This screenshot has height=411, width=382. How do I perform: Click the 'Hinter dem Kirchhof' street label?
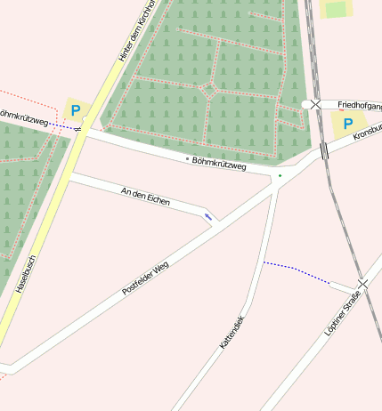point(136,32)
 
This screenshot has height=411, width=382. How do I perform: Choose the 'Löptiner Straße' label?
point(345,311)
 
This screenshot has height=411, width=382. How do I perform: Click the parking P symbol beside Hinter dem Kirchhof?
point(76,111)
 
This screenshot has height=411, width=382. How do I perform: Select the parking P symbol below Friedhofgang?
point(347,125)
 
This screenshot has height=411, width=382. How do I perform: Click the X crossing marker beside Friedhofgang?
point(315,105)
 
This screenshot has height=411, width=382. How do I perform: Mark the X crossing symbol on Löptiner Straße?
point(362,283)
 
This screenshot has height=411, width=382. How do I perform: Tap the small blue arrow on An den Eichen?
point(208,216)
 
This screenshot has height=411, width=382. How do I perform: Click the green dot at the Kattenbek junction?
point(280,176)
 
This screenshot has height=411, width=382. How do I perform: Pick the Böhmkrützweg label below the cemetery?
point(218,163)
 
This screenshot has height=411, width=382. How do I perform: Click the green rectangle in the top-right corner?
point(336,10)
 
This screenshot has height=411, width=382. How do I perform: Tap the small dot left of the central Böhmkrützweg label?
point(187,158)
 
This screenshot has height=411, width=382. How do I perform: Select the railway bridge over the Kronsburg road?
point(324,150)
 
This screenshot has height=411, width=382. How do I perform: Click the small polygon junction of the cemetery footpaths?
point(207,88)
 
